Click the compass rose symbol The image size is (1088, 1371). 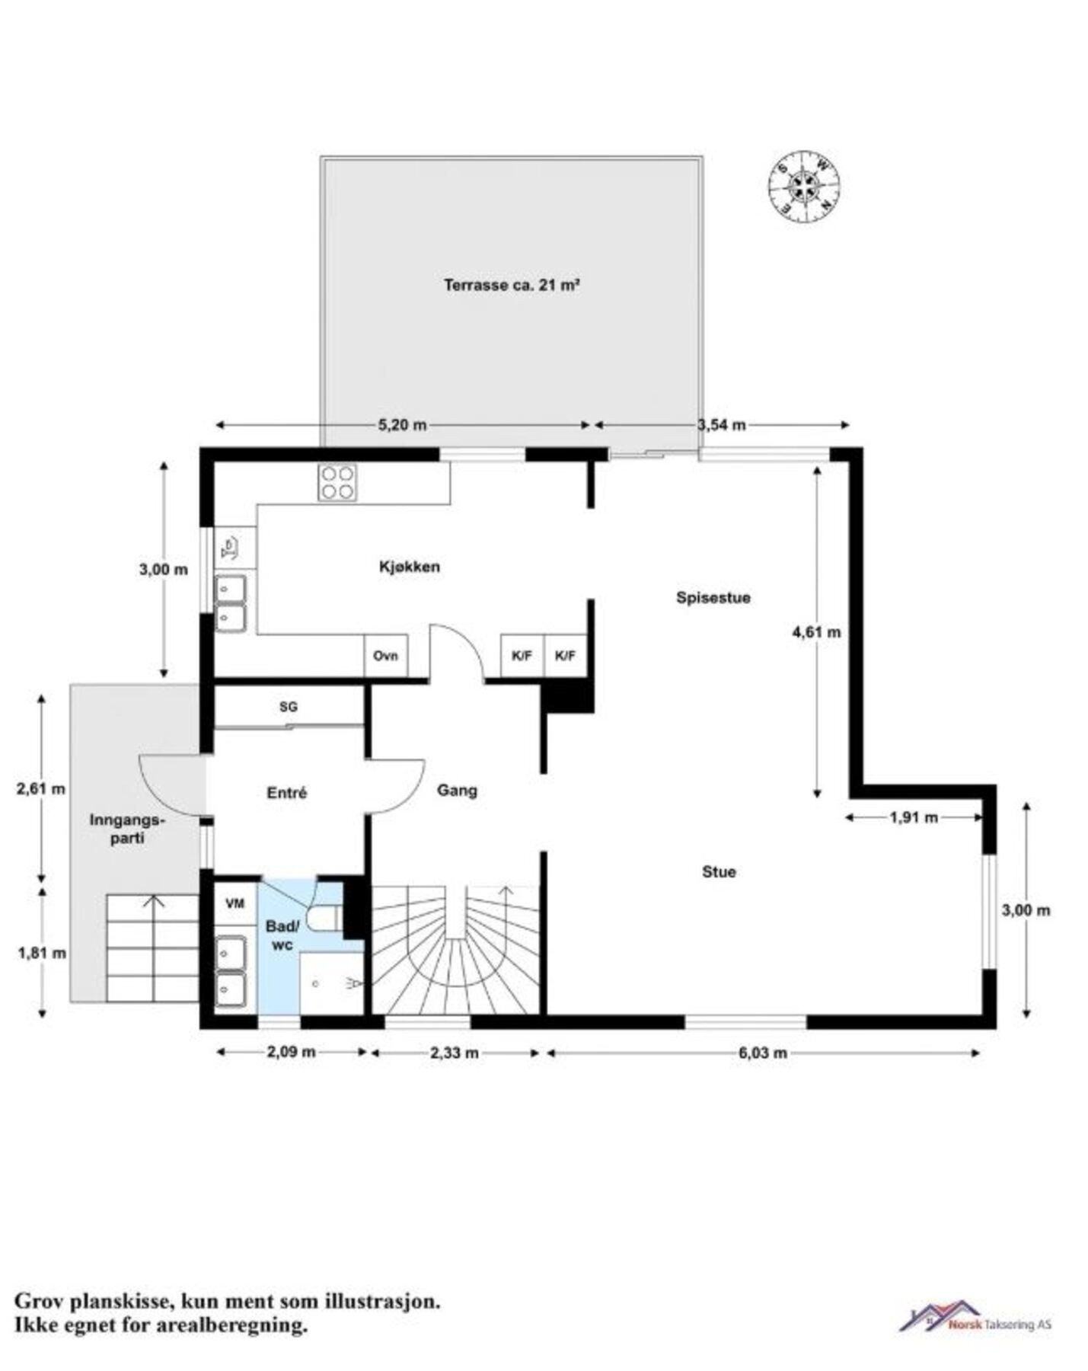click(803, 187)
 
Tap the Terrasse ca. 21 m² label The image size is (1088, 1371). click(512, 286)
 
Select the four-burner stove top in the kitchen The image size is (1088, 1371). click(337, 482)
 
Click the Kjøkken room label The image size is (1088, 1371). click(409, 567)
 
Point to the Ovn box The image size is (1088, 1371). click(385, 656)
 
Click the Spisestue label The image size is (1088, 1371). click(713, 598)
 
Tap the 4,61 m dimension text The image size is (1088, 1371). click(816, 632)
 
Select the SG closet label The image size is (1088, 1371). click(288, 707)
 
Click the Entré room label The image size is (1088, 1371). click(286, 793)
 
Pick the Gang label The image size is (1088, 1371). click(457, 791)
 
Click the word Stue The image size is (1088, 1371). click(718, 871)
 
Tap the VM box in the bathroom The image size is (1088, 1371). click(235, 903)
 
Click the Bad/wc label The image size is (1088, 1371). click(282, 935)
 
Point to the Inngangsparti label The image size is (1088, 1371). click(127, 829)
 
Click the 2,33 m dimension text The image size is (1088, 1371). click(455, 1053)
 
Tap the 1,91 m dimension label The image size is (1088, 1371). click(913, 818)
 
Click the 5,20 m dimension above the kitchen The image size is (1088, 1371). click(402, 425)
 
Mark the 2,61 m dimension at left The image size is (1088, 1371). click(41, 789)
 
